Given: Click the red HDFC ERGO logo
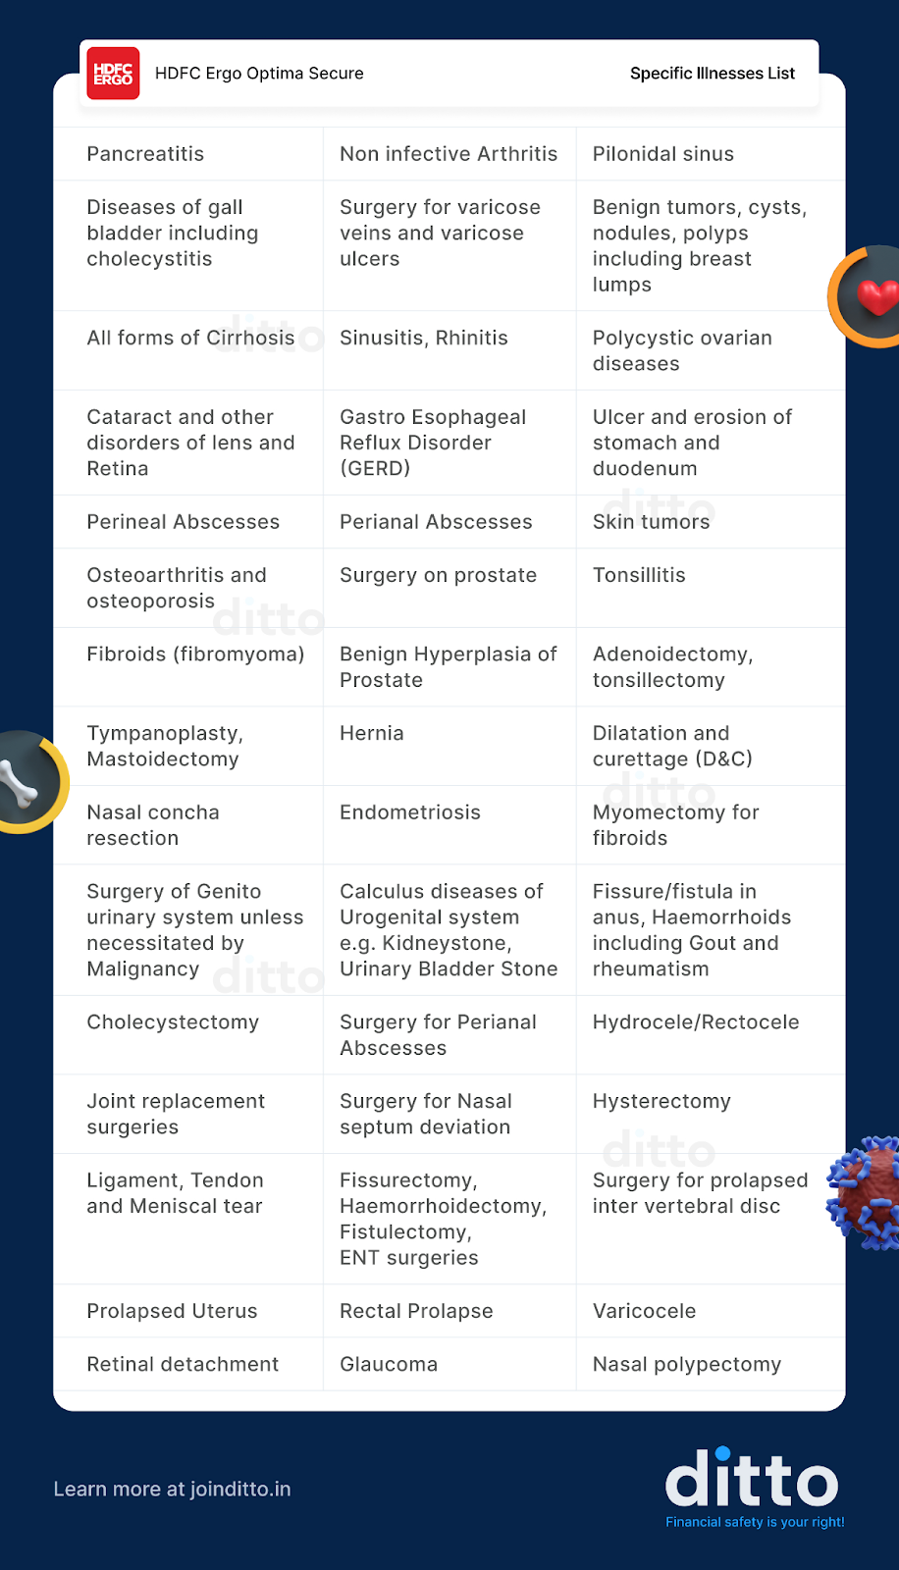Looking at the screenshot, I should coord(113,74).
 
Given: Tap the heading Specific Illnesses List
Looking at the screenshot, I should coord(712,74).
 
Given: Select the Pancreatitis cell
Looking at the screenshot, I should coord(145,154).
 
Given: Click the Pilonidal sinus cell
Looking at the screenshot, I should coord(662,154).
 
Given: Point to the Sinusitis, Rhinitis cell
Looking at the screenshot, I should coord(423,339).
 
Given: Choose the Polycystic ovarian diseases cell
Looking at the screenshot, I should coord(682,351).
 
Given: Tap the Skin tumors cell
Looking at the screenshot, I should coord(651,522).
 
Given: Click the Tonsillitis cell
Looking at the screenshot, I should coord(639,575).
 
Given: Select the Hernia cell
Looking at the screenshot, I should coord(371,734).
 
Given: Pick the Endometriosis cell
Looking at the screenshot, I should coord(409,812).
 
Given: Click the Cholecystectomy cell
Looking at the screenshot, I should coord(173,1022).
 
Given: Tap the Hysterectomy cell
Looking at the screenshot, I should coord(661,1102).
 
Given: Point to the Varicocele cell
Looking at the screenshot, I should coord(644,1312).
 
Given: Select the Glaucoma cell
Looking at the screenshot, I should coord(388,1365).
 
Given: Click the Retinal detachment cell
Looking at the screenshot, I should coord(183,1365).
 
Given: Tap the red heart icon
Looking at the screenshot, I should coord(876,295).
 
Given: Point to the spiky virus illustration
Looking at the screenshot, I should coord(867,1192).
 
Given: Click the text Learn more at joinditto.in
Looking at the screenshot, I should coord(172,1490).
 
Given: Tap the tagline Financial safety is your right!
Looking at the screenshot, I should coord(755,1523).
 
